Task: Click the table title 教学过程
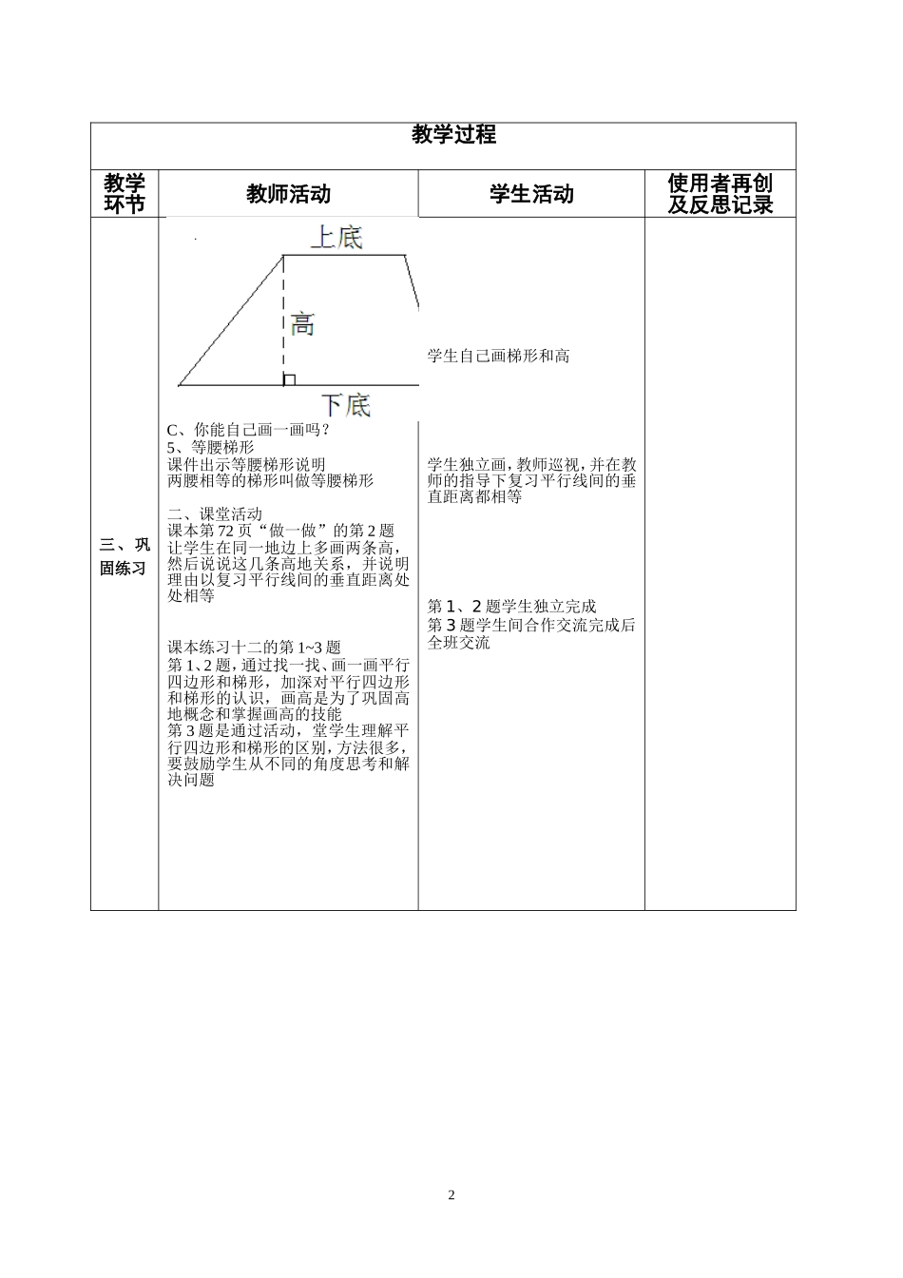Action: pyautogui.click(x=453, y=135)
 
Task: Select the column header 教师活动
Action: pyautogui.click(x=288, y=194)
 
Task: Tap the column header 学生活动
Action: pyautogui.click(x=531, y=194)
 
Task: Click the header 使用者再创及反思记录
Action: pyautogui.click(x=720, y=194)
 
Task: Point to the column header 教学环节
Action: pyautogui.click(x=125, y=194)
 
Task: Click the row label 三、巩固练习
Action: pyautogui.click(x=125, y=556)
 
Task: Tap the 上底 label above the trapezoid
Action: pyautogui.click(x=336, y=237)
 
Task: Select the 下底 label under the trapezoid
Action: pyautogui.click(x=344, y=405)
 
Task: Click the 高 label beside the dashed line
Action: pyautogui.click(x=302, y=324)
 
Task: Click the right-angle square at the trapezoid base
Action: pyautogui.click(x=290, y=379)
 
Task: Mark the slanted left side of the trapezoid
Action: pyautogui.click(x=231, y=320)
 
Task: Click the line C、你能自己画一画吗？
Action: pyautogui.click(x=248, y=430)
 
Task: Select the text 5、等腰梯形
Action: pyautogui.click(x=211, y=447)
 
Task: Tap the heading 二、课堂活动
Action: pyautogui.click(x=215, y=513)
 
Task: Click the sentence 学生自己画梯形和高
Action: pyautogui.click(x=498, y=357)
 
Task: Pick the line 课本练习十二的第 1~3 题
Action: pyautogui.click(x=254, y=648)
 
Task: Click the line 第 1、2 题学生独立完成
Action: pyautogui.click(x=512, y=607)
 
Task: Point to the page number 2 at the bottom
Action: pyautogui.click(x=451, y=1195)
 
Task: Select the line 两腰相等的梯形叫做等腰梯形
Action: pyautogui.click(x=270, y=481)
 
